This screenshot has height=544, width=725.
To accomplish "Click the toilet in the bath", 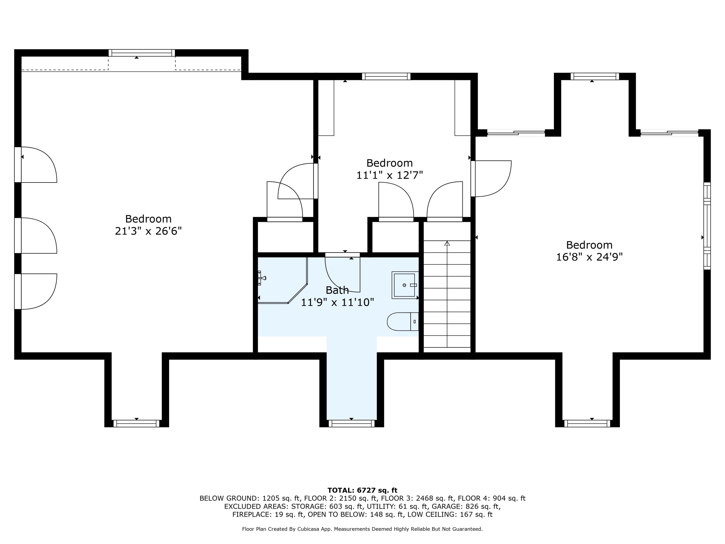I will click(402, 321).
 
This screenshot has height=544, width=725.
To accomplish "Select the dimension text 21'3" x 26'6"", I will click(148, 231).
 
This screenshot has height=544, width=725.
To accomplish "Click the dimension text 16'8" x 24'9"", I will click(589, 257).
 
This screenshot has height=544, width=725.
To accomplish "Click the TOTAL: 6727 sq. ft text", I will click(362, 490).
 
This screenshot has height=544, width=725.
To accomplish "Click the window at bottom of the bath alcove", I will click(351, 424).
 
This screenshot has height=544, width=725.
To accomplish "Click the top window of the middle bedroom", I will click(386, 76).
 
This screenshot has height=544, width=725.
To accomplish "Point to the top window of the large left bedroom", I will click(142, 53).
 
